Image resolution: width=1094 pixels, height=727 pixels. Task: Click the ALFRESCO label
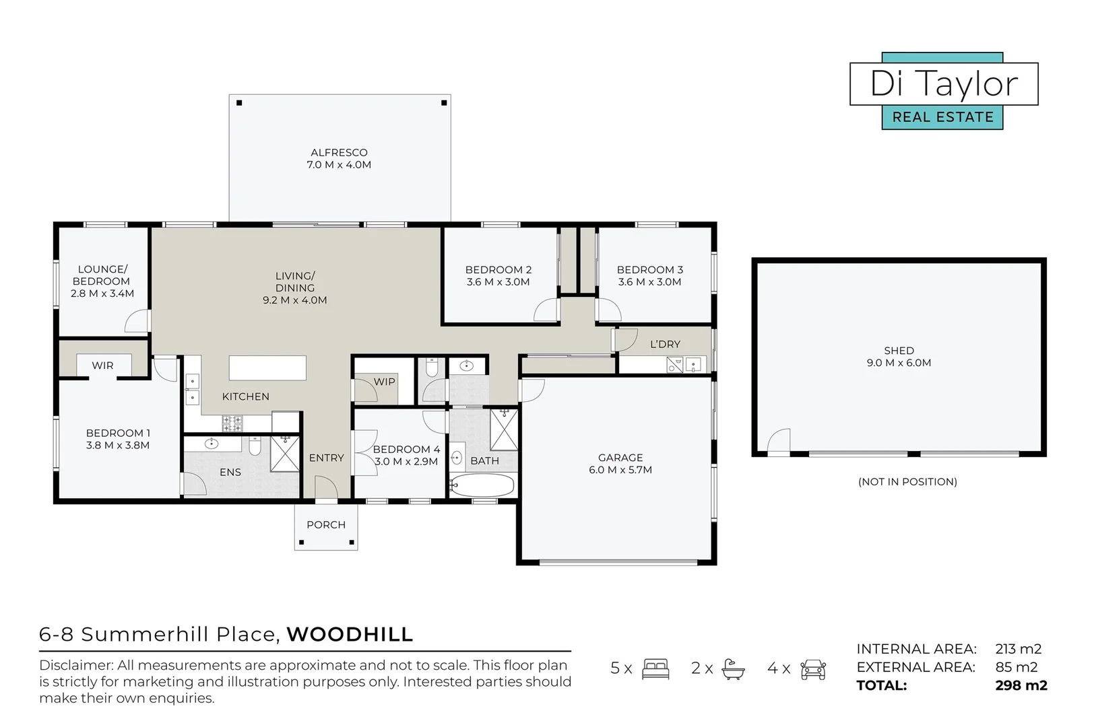tap(339, 153)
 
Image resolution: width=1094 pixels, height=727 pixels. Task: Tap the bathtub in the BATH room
tap(482, 485)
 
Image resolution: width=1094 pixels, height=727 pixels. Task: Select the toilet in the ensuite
tap(255, 446)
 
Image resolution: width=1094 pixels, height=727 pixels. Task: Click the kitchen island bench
tap(267, 368)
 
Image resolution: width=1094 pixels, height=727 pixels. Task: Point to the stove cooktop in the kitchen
tap(232, 423)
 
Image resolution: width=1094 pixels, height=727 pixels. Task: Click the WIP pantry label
tap(384, 382)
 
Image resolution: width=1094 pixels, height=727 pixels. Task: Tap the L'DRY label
tap(665, 344)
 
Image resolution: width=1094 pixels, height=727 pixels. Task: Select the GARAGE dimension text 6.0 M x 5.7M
tap(620, 470)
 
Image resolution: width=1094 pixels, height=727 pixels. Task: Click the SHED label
tap(899, 351)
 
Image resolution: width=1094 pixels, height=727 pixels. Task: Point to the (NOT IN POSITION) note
tap(907, 482)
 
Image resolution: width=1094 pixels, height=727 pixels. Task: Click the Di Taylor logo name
tap(943, 84)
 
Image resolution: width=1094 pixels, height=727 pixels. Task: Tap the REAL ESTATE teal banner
tap(942, 117)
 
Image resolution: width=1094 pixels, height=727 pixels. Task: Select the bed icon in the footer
tap(655, 668)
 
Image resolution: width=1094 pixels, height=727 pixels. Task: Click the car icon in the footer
tap(813, 668)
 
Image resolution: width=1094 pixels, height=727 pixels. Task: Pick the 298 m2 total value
tap(1021, 686)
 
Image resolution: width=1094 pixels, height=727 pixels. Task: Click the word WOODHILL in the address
tap(350, 635)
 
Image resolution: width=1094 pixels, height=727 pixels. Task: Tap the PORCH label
tap(326, 525)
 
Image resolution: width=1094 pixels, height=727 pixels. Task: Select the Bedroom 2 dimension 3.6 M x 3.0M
tap(498, 282)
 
